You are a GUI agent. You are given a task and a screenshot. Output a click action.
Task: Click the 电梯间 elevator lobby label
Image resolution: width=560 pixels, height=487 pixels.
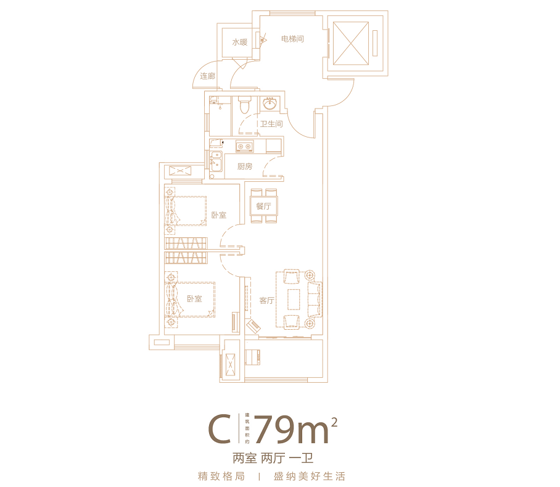click(x=292, y=39)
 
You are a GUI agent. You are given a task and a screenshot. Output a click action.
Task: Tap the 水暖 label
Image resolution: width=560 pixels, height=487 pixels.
click(x=239, y=43)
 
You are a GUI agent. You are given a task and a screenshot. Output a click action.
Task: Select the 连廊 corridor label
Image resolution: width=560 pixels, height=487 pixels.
click(x=207, y=76)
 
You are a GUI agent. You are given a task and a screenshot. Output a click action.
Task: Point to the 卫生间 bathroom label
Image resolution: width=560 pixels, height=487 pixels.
click(x=271, y=124)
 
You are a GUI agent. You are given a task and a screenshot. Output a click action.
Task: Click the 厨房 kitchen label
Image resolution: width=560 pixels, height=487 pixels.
click(x=245, y=166)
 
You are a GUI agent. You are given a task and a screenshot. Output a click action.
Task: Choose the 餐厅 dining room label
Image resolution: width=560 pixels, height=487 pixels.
click(x=263, y=206)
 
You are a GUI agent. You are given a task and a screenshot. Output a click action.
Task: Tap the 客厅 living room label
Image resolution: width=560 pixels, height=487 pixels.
click(x=266, y=301)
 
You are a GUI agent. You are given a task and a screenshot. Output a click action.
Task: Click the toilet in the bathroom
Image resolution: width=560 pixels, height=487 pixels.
click(x=244, y=105)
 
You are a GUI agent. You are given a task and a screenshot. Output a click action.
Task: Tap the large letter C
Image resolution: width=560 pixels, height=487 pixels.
click(x=218, y=430)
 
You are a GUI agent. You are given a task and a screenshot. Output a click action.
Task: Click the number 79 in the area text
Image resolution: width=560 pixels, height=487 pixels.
click(x=274, y=430)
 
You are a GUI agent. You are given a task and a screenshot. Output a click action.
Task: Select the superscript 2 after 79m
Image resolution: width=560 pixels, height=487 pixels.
click(x=334, y=422)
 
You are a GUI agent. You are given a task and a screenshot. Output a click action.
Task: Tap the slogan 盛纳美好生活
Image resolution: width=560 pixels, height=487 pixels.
click(x=310, y=477)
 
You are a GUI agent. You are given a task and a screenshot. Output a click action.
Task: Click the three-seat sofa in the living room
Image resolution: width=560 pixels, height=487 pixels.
click(x=315, y=299)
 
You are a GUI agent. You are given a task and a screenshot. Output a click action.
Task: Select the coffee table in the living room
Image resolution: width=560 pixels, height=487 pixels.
click(x=293, y=299)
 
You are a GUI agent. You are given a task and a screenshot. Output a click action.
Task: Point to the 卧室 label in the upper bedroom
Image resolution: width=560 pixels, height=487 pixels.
click(x=218, y=215)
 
